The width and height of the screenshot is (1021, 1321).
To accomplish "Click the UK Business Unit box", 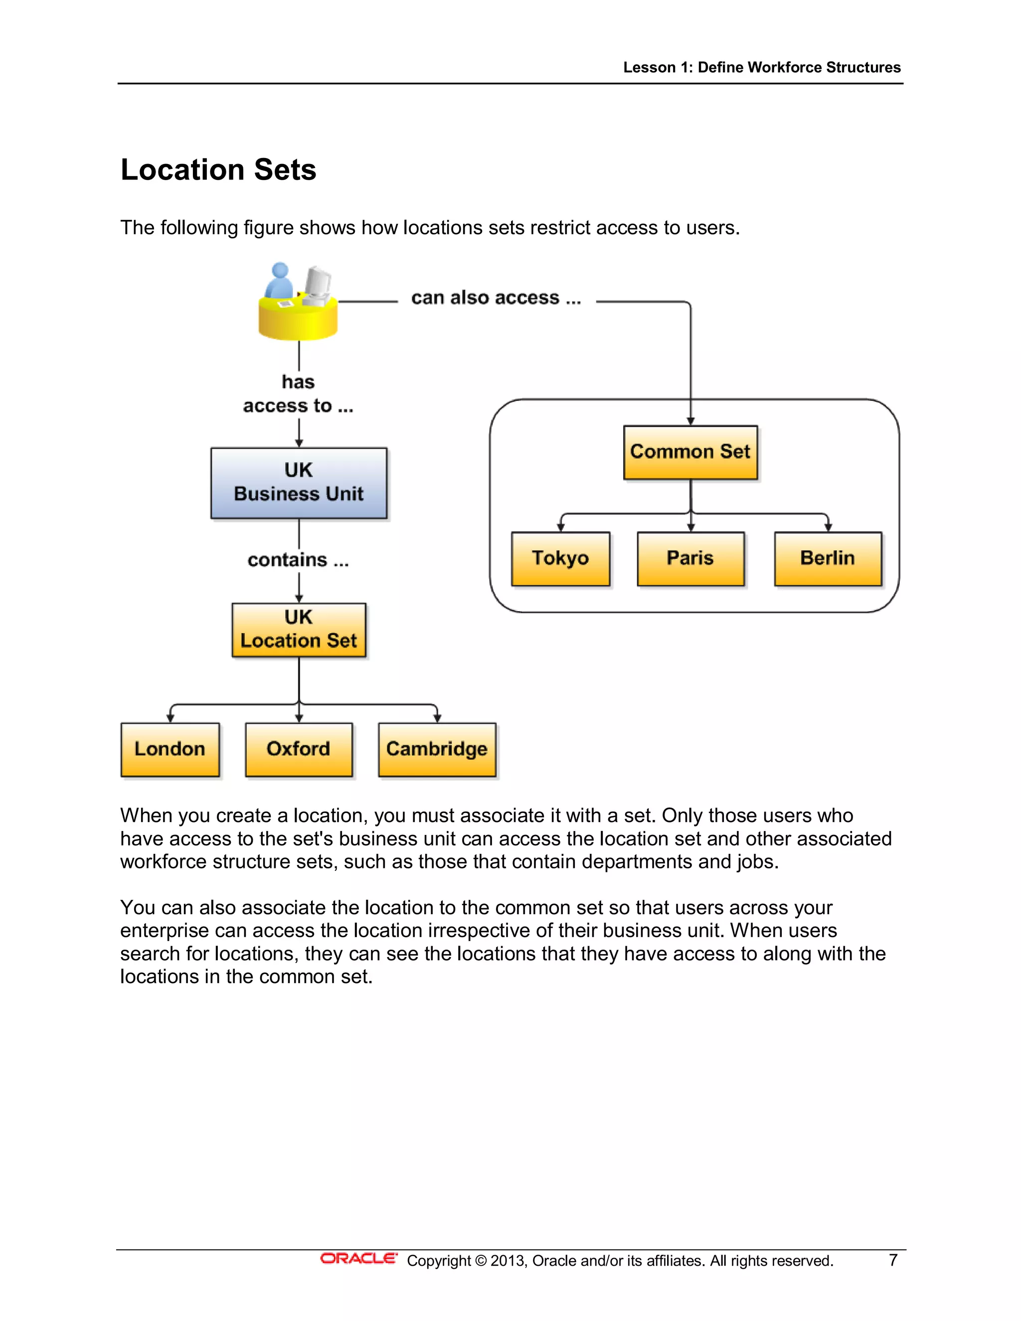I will pos(299,483).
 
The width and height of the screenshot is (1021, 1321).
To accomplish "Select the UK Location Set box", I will pos(299,630).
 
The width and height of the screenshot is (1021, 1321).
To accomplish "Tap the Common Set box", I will pos(690,452).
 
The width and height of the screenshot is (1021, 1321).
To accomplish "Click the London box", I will pos(170,749).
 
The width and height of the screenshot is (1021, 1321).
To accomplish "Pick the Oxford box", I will pos(299,749).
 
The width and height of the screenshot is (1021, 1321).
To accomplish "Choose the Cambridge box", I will pos(437,749).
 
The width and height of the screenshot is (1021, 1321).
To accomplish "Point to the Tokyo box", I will pos(560,558).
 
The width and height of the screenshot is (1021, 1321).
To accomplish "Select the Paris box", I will pos(690,558).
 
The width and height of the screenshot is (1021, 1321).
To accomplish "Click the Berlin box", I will pos(828,558).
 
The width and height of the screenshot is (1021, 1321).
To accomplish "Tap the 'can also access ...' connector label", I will pos(496,298).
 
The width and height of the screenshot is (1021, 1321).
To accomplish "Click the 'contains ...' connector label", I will pos(298,560).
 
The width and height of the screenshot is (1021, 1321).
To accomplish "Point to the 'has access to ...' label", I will pos(298,394).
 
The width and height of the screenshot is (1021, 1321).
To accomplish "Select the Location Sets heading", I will pos(218,170).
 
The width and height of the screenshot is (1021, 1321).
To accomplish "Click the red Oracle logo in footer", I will pos(358,1259).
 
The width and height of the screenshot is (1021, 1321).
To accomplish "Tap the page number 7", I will pos(893,1260).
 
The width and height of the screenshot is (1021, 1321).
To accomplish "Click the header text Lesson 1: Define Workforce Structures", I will pos(762,67).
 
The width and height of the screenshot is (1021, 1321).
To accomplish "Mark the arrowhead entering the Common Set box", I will pos(690,421).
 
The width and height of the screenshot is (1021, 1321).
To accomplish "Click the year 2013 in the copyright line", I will pos(508,1261).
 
